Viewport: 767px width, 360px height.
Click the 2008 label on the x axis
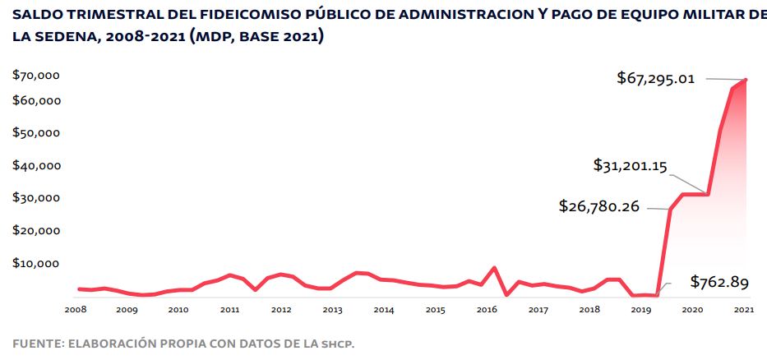(x=76, y=310)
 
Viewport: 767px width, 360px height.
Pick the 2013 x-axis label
(x=332, y=310)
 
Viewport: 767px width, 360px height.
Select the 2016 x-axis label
(x=487, y=310)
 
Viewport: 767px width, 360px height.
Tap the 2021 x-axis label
(x=744, y=310)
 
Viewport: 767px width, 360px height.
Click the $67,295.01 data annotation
(x=656, y=79)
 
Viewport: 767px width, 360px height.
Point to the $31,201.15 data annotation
(x=630, y=165)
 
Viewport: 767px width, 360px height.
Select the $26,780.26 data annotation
(x=598, y=206)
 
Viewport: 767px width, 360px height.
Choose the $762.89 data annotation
(x=719, y=283)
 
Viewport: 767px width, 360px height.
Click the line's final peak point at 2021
(x=746, y=79)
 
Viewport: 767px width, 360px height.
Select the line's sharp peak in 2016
(x=493, y=268)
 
